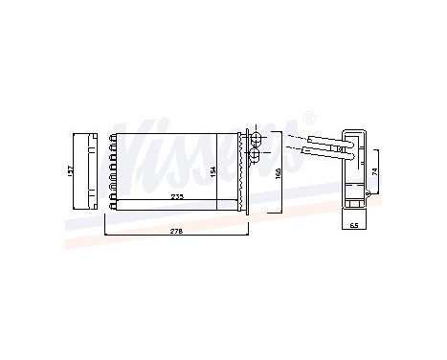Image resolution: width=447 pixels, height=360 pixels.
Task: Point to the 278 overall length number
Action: click(176, 231)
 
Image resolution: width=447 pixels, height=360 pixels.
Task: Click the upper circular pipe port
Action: click(256, 141)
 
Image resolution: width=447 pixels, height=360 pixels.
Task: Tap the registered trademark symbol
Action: click(307, 118)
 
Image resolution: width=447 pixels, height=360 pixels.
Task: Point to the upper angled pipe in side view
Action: click(321, 140)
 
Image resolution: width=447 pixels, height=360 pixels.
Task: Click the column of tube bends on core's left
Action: click(113, 170)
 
